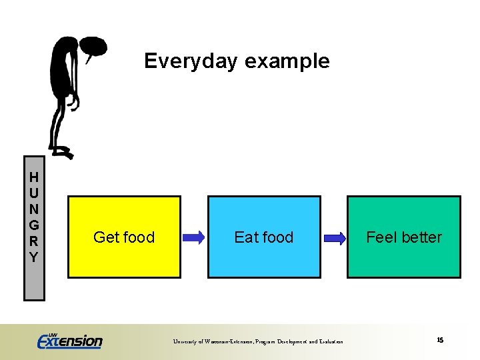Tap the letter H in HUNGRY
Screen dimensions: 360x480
pos(33,177)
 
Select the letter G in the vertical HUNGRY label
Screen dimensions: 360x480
pos(33,225)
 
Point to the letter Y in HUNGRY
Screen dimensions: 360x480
pos(33,257)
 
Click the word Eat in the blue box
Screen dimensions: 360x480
pos(247,237)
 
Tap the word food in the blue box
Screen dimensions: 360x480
pos(278,237)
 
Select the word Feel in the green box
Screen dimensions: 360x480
pos(381,237)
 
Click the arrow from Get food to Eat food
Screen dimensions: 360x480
pos(193,237)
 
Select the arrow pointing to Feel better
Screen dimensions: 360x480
pos(334,237)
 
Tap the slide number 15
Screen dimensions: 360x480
pos(440,340)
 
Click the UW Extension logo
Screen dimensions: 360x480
pos(70,341)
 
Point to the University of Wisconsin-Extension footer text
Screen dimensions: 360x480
pos(258,341)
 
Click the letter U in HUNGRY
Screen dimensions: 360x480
pos(33,193)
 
